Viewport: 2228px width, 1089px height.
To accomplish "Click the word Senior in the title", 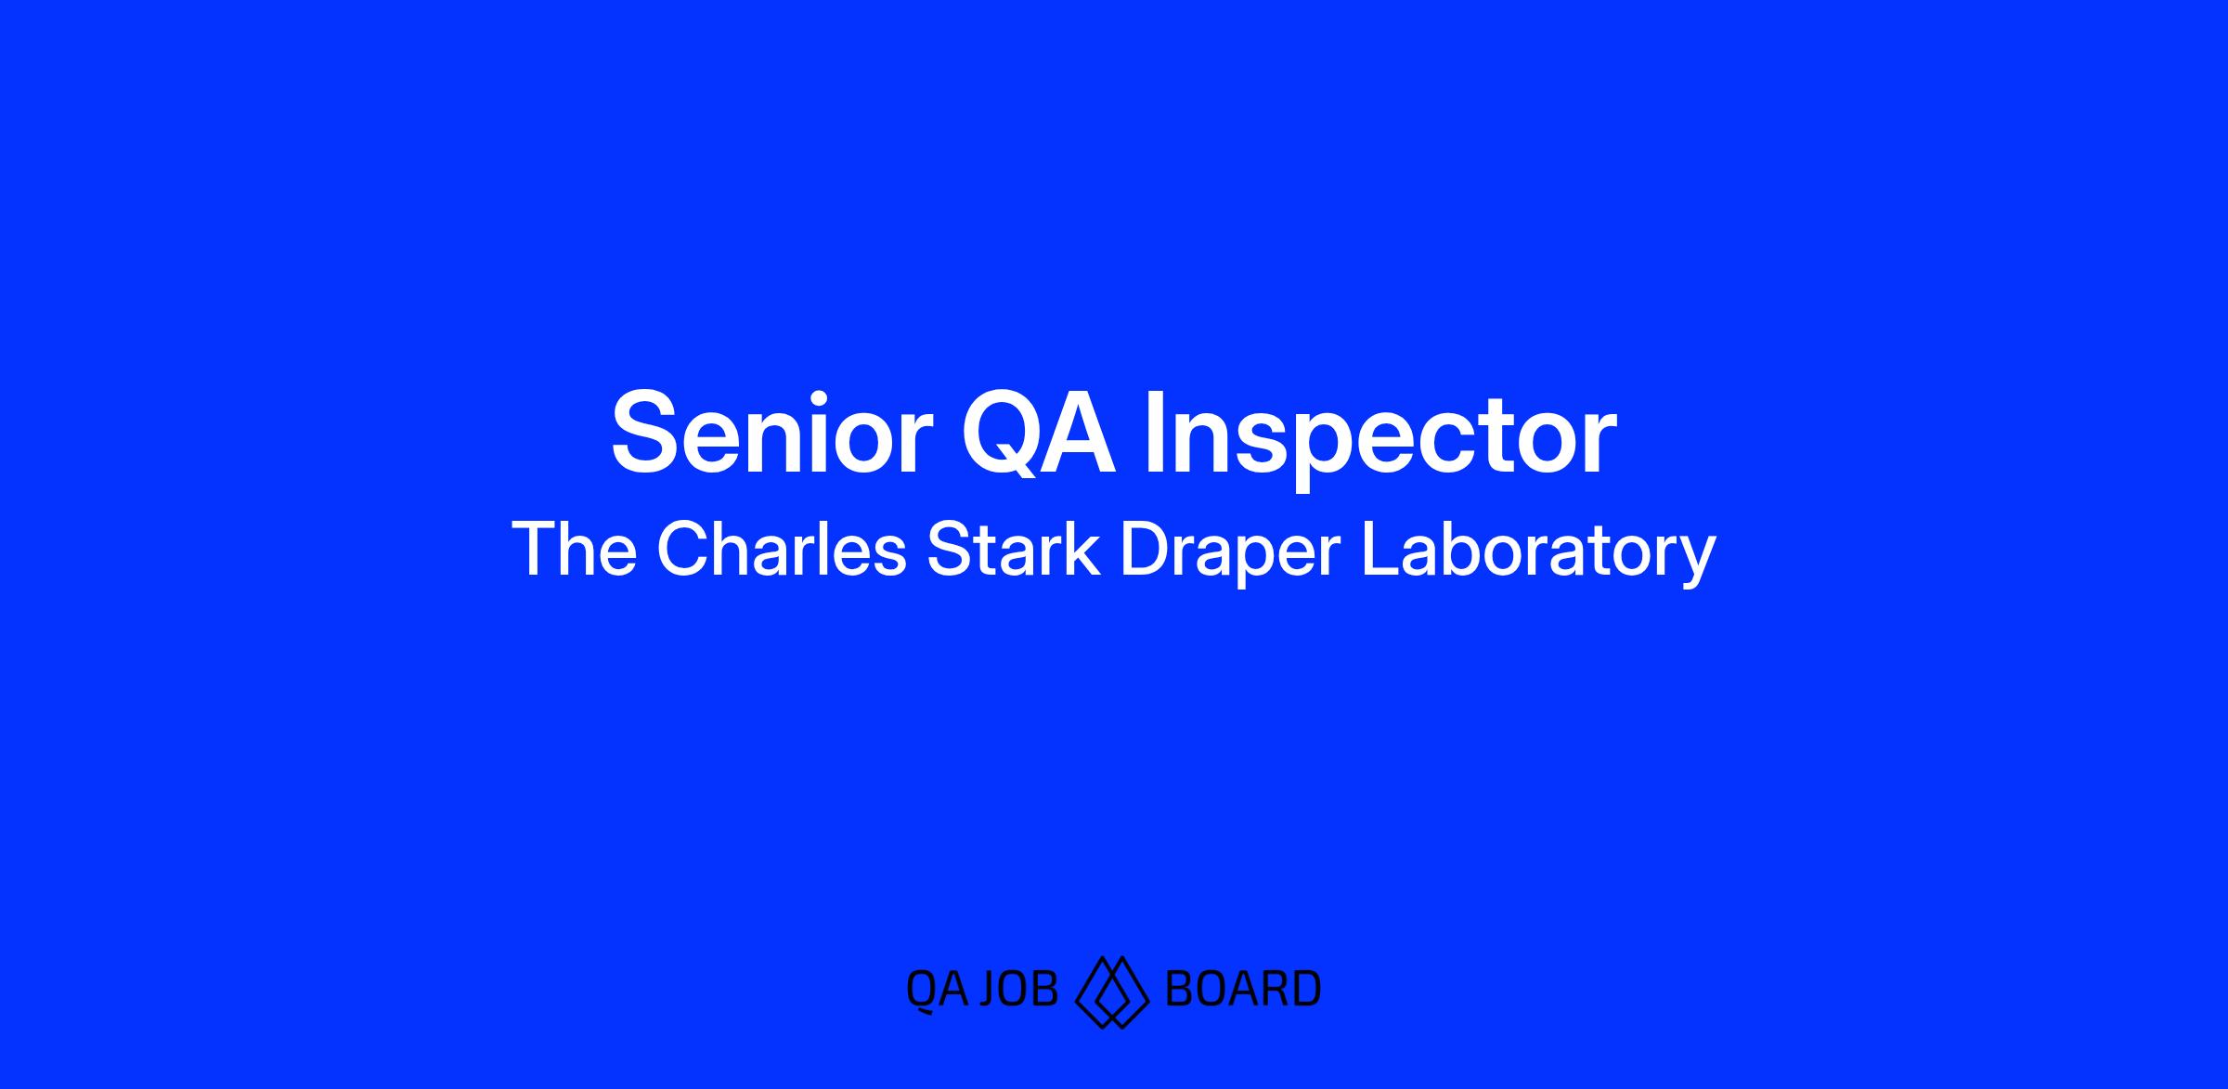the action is coord(771,432).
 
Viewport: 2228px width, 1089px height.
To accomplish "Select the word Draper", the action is coord(1230,554).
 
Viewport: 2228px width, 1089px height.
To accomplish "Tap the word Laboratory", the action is coord(1538,554).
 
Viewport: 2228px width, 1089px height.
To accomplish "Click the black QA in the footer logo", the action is coord(937,990).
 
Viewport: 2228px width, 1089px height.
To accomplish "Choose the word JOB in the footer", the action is coord(1018,989).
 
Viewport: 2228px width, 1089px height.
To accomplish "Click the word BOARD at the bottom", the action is coord(1243,989).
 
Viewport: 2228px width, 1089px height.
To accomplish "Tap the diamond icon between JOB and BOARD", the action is coord(1112,992).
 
